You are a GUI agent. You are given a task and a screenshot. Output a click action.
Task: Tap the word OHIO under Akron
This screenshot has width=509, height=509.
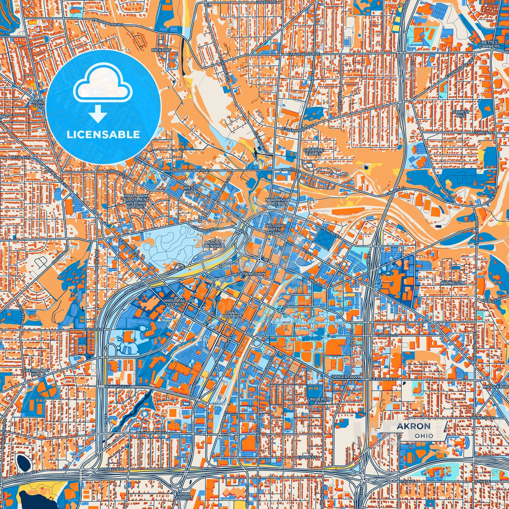pos(424,436)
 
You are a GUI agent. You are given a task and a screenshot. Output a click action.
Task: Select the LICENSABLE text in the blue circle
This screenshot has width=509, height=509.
pos(103,134)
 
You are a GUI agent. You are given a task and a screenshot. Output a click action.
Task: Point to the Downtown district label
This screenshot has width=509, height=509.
pos(251,274)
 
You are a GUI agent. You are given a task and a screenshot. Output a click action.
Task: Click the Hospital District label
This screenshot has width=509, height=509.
pos(175,302)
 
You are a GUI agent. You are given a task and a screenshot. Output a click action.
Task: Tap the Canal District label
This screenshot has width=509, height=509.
pos(232,314)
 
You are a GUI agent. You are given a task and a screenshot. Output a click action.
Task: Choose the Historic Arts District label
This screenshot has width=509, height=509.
pos(275,229)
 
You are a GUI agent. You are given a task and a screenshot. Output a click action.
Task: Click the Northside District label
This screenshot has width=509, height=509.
pos(278,201)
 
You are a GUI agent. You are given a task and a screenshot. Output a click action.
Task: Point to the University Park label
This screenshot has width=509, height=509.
pos(319,401)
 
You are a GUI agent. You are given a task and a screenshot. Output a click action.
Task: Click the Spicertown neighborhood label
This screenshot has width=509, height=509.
pos(347,377)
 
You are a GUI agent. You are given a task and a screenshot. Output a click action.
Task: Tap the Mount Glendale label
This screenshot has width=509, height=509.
pos(213,244)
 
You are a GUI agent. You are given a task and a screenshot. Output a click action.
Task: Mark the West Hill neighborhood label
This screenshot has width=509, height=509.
pos(190,190)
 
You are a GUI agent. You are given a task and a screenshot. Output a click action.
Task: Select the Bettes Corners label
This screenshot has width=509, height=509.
pos(490,44)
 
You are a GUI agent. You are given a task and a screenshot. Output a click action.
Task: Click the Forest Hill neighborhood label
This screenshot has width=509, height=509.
pos(461,113)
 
